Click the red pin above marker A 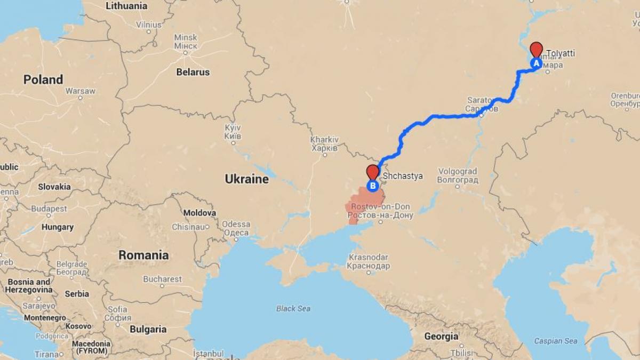[x=537, y=50]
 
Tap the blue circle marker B [x=373, y=186]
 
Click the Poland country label [x=43, y=79]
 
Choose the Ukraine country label [x=246, y=179]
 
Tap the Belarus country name [x=193, y=72]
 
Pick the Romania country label [x=143, y=255]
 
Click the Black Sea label [x=293, y=308]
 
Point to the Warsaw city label [x=80, y=91]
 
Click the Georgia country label [x=441, y=337]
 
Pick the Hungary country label [x=58, y=227]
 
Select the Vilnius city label [x=148, y=25]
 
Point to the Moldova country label [x=199, y=213]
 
